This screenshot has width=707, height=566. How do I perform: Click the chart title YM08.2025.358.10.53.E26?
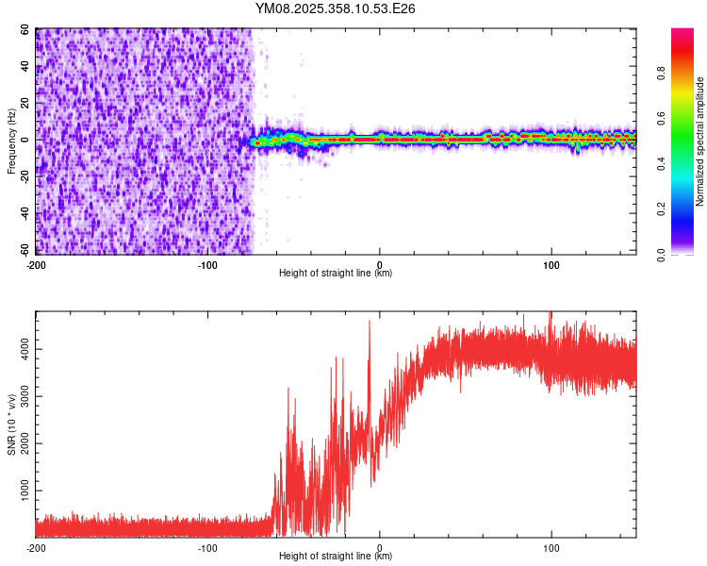click(x=336, y=8)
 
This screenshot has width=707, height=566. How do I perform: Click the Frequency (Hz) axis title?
click(x=12, y=141)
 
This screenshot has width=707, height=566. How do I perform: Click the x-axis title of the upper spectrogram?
click(x=336, y=273)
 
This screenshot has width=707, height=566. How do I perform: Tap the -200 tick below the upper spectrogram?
click(x=36, y=264)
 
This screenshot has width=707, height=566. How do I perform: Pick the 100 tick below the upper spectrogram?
click(x=551, y=264)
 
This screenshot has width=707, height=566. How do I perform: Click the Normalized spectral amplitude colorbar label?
click(x=700, y=141)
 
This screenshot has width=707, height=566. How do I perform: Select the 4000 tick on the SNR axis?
click(x=21, y=349)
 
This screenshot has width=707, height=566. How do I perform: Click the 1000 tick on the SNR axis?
click(x=21, y=491)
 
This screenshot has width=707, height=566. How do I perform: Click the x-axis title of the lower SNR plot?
click(x=336, y=557)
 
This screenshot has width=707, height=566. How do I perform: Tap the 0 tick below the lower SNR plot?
click(x=379, y=547)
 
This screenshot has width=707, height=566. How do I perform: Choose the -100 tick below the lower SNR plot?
click(x=207, y=547)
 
